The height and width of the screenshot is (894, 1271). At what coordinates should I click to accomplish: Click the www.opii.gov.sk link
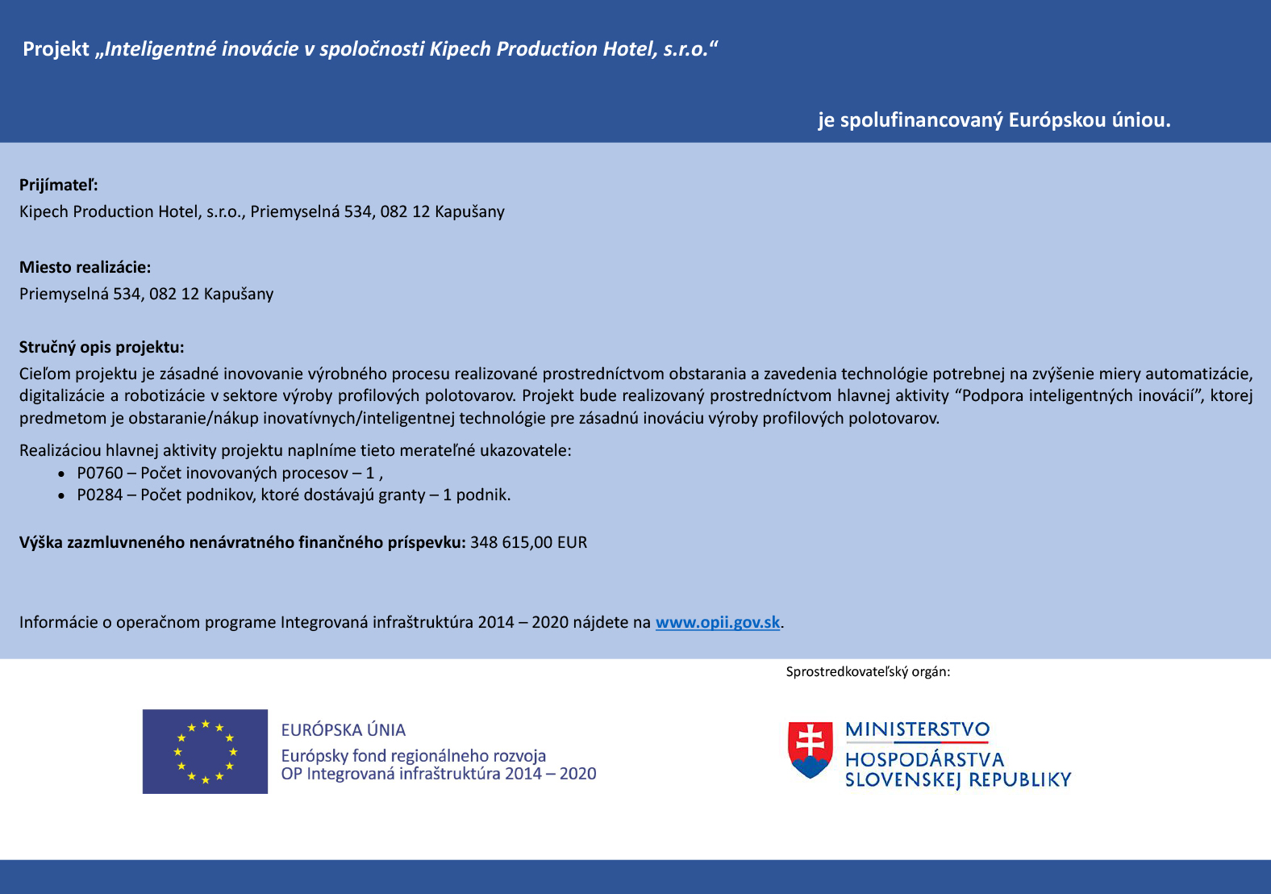point(717,622)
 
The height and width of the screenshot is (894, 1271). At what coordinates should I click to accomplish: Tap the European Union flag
point(205,751)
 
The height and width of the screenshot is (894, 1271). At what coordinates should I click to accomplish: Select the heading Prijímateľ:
point(59,185)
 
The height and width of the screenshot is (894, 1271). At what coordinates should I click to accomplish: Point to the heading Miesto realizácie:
point(85,267)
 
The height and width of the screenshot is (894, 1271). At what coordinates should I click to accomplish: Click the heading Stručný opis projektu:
point(102,347)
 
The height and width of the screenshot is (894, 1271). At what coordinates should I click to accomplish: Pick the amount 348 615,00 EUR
point(528,542)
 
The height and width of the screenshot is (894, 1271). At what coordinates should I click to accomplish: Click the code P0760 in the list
point(100,473)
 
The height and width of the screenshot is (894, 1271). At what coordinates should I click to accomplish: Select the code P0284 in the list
point(100,495)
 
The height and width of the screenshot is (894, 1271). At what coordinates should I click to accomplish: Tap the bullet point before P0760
point(61,474)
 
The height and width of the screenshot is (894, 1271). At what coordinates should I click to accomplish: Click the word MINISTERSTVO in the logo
point(917,729)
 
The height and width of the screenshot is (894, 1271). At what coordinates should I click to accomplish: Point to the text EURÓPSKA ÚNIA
point(343,730)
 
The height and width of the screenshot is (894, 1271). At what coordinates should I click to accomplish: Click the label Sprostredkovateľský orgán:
point(868,671)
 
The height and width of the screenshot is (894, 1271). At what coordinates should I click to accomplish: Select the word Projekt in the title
point(56,49)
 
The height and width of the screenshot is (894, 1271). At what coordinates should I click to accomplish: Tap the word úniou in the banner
point(1140,120)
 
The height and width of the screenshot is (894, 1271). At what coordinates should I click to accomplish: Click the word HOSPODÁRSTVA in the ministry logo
point(924,759)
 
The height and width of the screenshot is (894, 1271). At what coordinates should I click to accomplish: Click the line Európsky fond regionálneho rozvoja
point(413,756)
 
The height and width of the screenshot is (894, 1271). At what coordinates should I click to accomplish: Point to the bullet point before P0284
point(61,495)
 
